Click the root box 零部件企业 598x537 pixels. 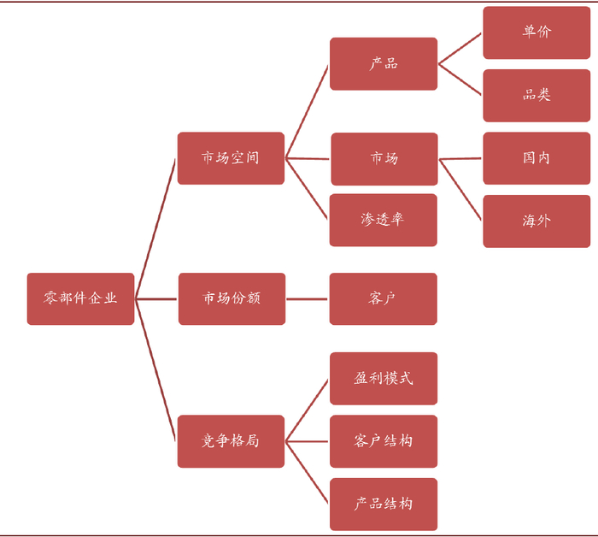click(x=80, y=298)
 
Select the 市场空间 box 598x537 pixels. click(x=231, y=158)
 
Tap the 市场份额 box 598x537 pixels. click(x=231, y=298)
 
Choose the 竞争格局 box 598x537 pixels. click(x=231, y=441)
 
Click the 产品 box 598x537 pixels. click(x=384, y=64)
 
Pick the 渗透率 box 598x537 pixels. click(x=384, y=220)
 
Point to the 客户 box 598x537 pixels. click(x=384, y=298)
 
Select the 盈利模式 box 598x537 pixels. click(x=384, y=378)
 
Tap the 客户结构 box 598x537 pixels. click(x=384, y=441)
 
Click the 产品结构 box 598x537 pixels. click(x=384, y=504)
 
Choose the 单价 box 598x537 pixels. click(x=536, y=32)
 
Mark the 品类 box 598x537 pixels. click(x=536, y=95)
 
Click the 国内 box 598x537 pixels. click(x=536, y=158)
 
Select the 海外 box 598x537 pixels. click(x=536, y=221)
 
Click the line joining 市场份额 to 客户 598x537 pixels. click(x=308, y=299)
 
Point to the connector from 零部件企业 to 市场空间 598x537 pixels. click(x=156, y=227)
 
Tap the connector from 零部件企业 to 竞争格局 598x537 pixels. click(x=156, y=369)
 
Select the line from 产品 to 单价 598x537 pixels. click(x=460, y=49)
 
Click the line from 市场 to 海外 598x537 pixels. click(x=461, y=189)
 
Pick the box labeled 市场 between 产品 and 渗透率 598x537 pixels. click(x=384, y=158)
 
